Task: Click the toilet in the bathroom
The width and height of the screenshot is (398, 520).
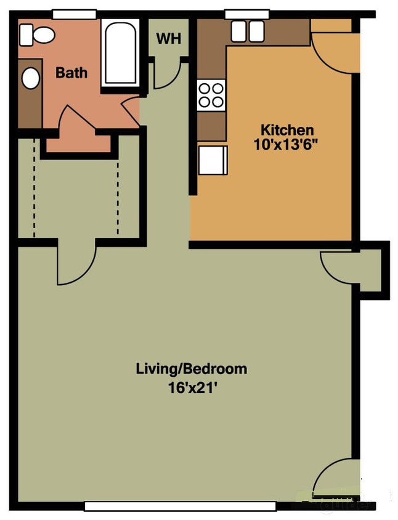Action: point(36,35)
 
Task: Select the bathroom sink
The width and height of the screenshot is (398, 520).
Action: point(30,78)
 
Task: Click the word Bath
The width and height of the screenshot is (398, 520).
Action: point(71,73)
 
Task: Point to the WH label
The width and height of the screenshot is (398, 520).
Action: point(169,38)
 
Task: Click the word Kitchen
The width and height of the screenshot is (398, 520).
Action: point(287,130)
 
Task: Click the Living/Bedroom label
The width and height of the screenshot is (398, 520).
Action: point(191,368)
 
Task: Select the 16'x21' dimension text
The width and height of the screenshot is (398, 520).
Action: point(191,388)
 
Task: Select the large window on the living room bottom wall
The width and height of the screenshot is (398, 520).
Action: point(180,506)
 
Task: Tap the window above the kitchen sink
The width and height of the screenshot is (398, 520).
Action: point(247,14)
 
